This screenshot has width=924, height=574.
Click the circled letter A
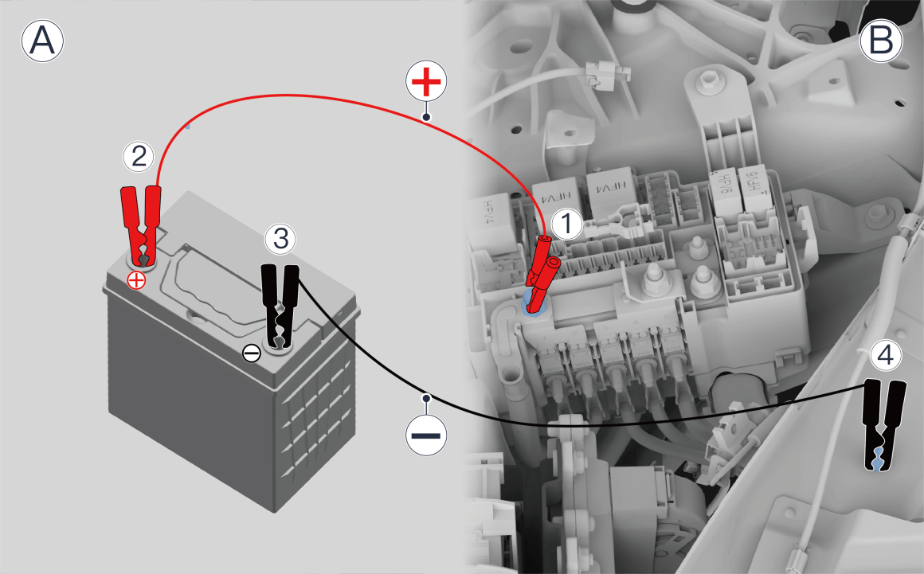coord(42,41)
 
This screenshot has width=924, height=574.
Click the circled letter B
coord(881,41)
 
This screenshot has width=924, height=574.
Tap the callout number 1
coord(566,225)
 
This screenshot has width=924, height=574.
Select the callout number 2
coord(139,157)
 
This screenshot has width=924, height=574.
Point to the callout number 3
coord(280,239)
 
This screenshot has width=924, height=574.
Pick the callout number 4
coord(886,356)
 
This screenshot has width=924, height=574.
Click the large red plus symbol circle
coord(427,80)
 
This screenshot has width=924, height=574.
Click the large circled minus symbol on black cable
coord(427,435)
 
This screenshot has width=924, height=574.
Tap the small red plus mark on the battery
coord(137,281)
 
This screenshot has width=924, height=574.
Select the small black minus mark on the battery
coord(252,353)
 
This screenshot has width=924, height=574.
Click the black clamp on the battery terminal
coord(280,307)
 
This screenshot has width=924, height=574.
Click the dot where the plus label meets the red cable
coord(427,117)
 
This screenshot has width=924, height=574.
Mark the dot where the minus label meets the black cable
coord(427,399)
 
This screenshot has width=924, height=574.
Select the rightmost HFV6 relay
coord(755,187)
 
